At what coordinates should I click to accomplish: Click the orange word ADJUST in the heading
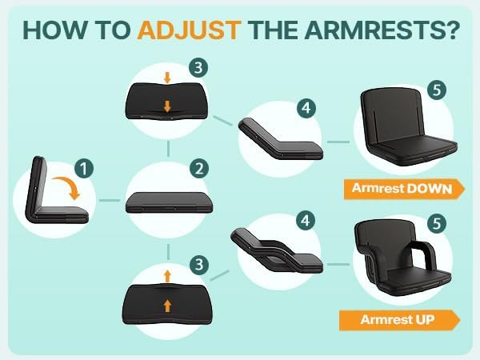pos(189,30)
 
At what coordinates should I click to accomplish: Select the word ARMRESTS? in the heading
pos(382,30)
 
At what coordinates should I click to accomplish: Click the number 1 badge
pos(84,168)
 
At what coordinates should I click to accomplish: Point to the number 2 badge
pos(199,168)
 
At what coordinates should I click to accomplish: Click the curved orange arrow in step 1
pos(68,186)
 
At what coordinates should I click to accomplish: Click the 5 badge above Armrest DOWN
pos(437,90)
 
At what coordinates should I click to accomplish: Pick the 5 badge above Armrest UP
pos(437,223)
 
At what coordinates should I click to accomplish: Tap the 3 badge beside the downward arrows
pos(198,68)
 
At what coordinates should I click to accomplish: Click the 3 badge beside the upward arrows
pos(199,264)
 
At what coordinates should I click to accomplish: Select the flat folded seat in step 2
pos(169,202)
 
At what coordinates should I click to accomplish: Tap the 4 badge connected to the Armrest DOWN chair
pos(306,108)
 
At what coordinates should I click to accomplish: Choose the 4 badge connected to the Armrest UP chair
pos(306,221)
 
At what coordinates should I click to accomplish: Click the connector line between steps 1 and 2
pos(110,201)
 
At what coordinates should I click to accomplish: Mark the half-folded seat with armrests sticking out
pos(277,250)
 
